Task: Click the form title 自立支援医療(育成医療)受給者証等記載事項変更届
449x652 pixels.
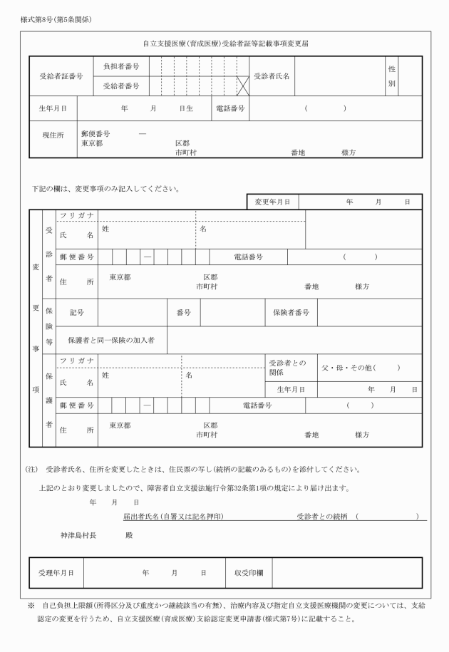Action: [225, 44]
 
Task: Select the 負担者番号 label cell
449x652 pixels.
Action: [121, 66]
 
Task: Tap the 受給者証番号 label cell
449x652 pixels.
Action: [61, 76]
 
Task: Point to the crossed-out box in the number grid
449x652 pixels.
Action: [242, 86]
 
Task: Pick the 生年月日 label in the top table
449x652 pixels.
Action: [53, 108]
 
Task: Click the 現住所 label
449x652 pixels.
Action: [54, 134]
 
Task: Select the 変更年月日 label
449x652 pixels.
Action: [273, 202]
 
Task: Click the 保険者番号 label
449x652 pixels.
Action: [291, 312]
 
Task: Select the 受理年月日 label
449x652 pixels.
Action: [56, 572]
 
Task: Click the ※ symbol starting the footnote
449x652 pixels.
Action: [31, 605]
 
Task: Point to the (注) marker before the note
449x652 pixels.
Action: [31, 470]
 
